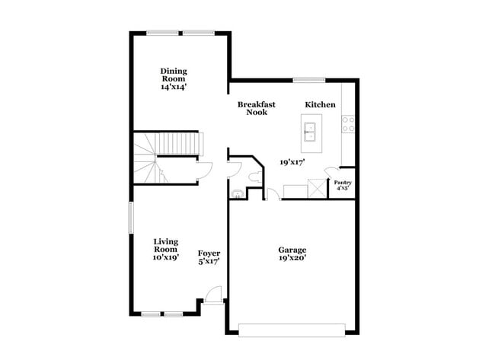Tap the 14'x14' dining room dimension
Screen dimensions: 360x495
(x=173, y=87)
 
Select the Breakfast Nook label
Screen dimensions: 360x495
(x=256, y=108)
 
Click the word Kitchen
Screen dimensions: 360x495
(x=320, y=104)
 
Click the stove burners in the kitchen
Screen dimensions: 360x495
(x=348, y=124)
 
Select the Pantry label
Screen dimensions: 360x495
(x=343, y=183)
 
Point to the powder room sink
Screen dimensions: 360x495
(x=237, y=194)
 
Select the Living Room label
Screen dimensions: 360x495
(x=165, y=245)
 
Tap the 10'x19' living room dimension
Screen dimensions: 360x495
(x=165, y=257)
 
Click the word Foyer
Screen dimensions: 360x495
(x=209, y=253)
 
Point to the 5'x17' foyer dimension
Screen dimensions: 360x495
(x=209, y=262)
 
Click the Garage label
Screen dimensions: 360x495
(x=292, y=249)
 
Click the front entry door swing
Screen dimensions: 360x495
(x=214, y=295)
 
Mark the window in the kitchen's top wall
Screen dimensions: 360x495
(x=309, y=80)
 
